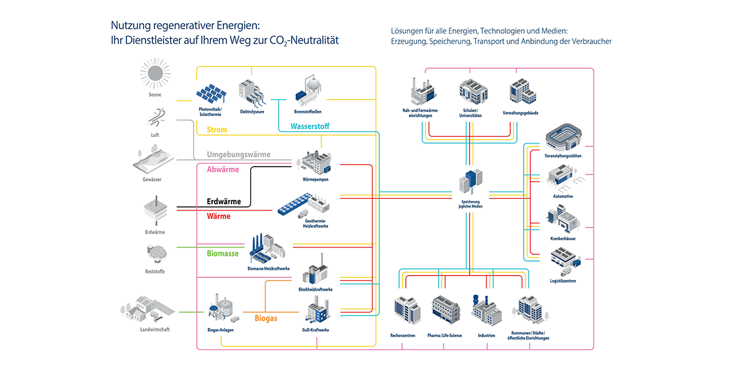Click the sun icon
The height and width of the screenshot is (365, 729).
pyautogui.click(x=155, y=72)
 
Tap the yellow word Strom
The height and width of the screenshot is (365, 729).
pyautogui.click(x=217, y=130)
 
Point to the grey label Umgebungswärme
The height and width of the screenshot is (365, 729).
pyautogui.click(x=238, y=155)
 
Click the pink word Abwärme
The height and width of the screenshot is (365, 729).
pyautogui.click(x=223, y=170)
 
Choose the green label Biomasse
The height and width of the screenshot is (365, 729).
pyautogui.click(x=222, y=253)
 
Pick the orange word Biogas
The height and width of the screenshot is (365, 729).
pyautogui.click(x=266, y=318)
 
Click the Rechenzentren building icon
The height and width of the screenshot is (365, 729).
pyautogui.click(x=406, y=311)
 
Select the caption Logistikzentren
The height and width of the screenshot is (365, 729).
pyautogui.click(x=563, y=281)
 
